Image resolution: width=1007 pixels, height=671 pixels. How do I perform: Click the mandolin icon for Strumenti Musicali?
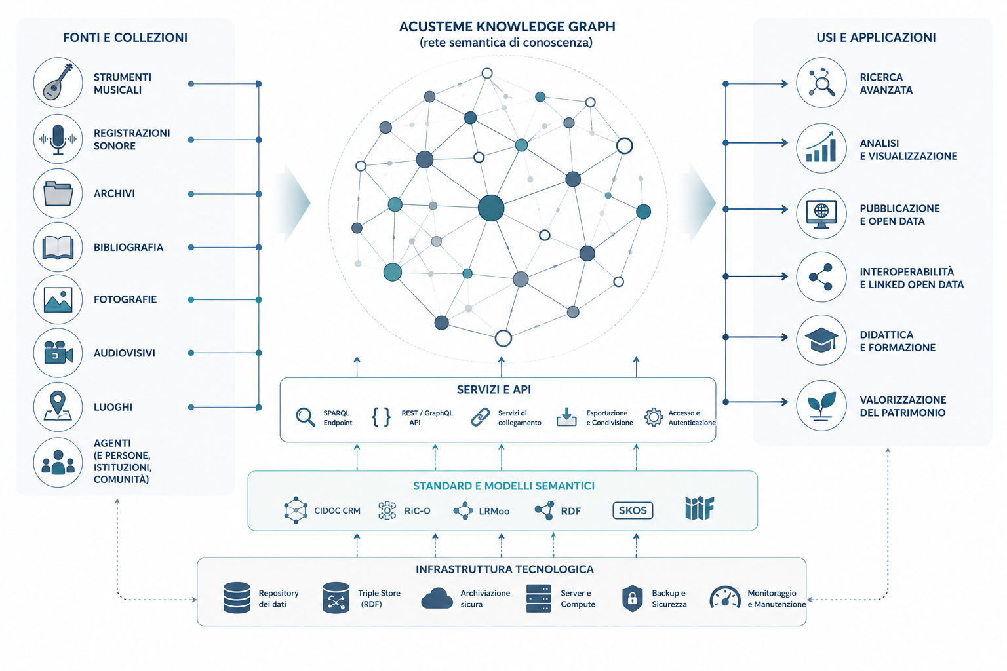[x=58, y=82]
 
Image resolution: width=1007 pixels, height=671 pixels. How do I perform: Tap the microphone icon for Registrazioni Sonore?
[x=58, y=139]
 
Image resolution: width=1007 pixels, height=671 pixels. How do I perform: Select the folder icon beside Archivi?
[x=58, y=194]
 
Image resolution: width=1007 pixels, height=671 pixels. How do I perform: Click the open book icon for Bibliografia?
[x=58, y=247]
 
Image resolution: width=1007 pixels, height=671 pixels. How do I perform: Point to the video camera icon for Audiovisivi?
[x=58, y=353]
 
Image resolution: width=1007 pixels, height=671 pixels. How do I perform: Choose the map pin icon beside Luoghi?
[x=58, y=406]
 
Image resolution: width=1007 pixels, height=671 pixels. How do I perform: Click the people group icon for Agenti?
[x=58, y=463]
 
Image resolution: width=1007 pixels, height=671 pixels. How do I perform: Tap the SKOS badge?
[x=633, y=510]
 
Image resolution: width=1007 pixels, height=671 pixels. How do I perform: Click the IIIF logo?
[x=700, y=508]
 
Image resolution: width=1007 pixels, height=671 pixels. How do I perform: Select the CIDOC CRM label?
[x=337, y=511]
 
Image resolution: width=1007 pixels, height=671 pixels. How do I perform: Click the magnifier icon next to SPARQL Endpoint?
[x=306, y=417]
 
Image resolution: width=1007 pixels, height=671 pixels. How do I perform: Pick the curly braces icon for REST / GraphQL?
[x=381, y=417]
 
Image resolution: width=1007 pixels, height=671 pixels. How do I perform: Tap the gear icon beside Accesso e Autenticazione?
[x=654, y=417]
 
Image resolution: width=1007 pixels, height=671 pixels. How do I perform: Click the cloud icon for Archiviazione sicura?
[x=437, y=598]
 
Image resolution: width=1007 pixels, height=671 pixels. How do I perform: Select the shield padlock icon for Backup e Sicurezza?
[x=632, y=599]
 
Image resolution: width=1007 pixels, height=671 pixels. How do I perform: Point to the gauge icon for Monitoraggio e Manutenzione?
[x=724, y=598]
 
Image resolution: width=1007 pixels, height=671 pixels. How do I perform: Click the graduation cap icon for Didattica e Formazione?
[x=821, y=340]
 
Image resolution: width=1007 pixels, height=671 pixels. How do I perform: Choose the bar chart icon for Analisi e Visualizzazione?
[x=821, y=147]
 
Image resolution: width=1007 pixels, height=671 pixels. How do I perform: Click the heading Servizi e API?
[x=494, y=390]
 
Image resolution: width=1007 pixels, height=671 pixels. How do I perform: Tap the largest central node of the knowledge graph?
[x=491, y=208]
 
